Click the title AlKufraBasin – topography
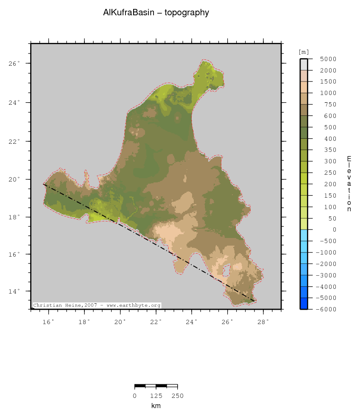(156, 13)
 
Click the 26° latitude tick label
(14, 64)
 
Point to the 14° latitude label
(14, 291)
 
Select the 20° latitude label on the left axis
(14, 179)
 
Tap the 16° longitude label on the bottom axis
(48, 322)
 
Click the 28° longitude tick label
(263, 322)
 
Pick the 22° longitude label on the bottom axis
(156, 322)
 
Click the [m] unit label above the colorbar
(304, 52)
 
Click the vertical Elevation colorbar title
(349, 184)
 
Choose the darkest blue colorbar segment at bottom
(304, 303)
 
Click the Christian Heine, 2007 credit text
(97, 305)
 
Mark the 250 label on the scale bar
(177, 396)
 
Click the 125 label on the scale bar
(156, 396)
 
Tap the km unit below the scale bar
(156, 406)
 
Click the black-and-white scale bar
(156, 386)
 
